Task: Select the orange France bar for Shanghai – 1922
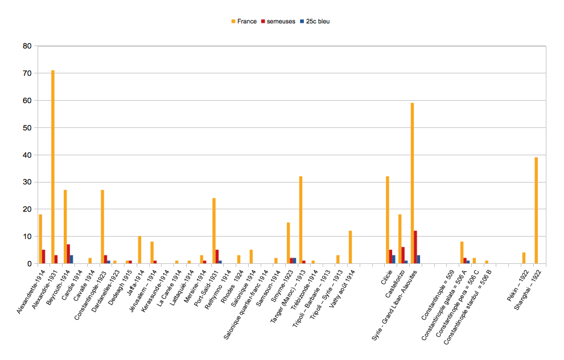coord(536,210)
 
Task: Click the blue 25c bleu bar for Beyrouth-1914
coord(72,259)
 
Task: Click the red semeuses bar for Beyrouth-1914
coord(68,254)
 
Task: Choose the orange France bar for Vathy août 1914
coord(351,247)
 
